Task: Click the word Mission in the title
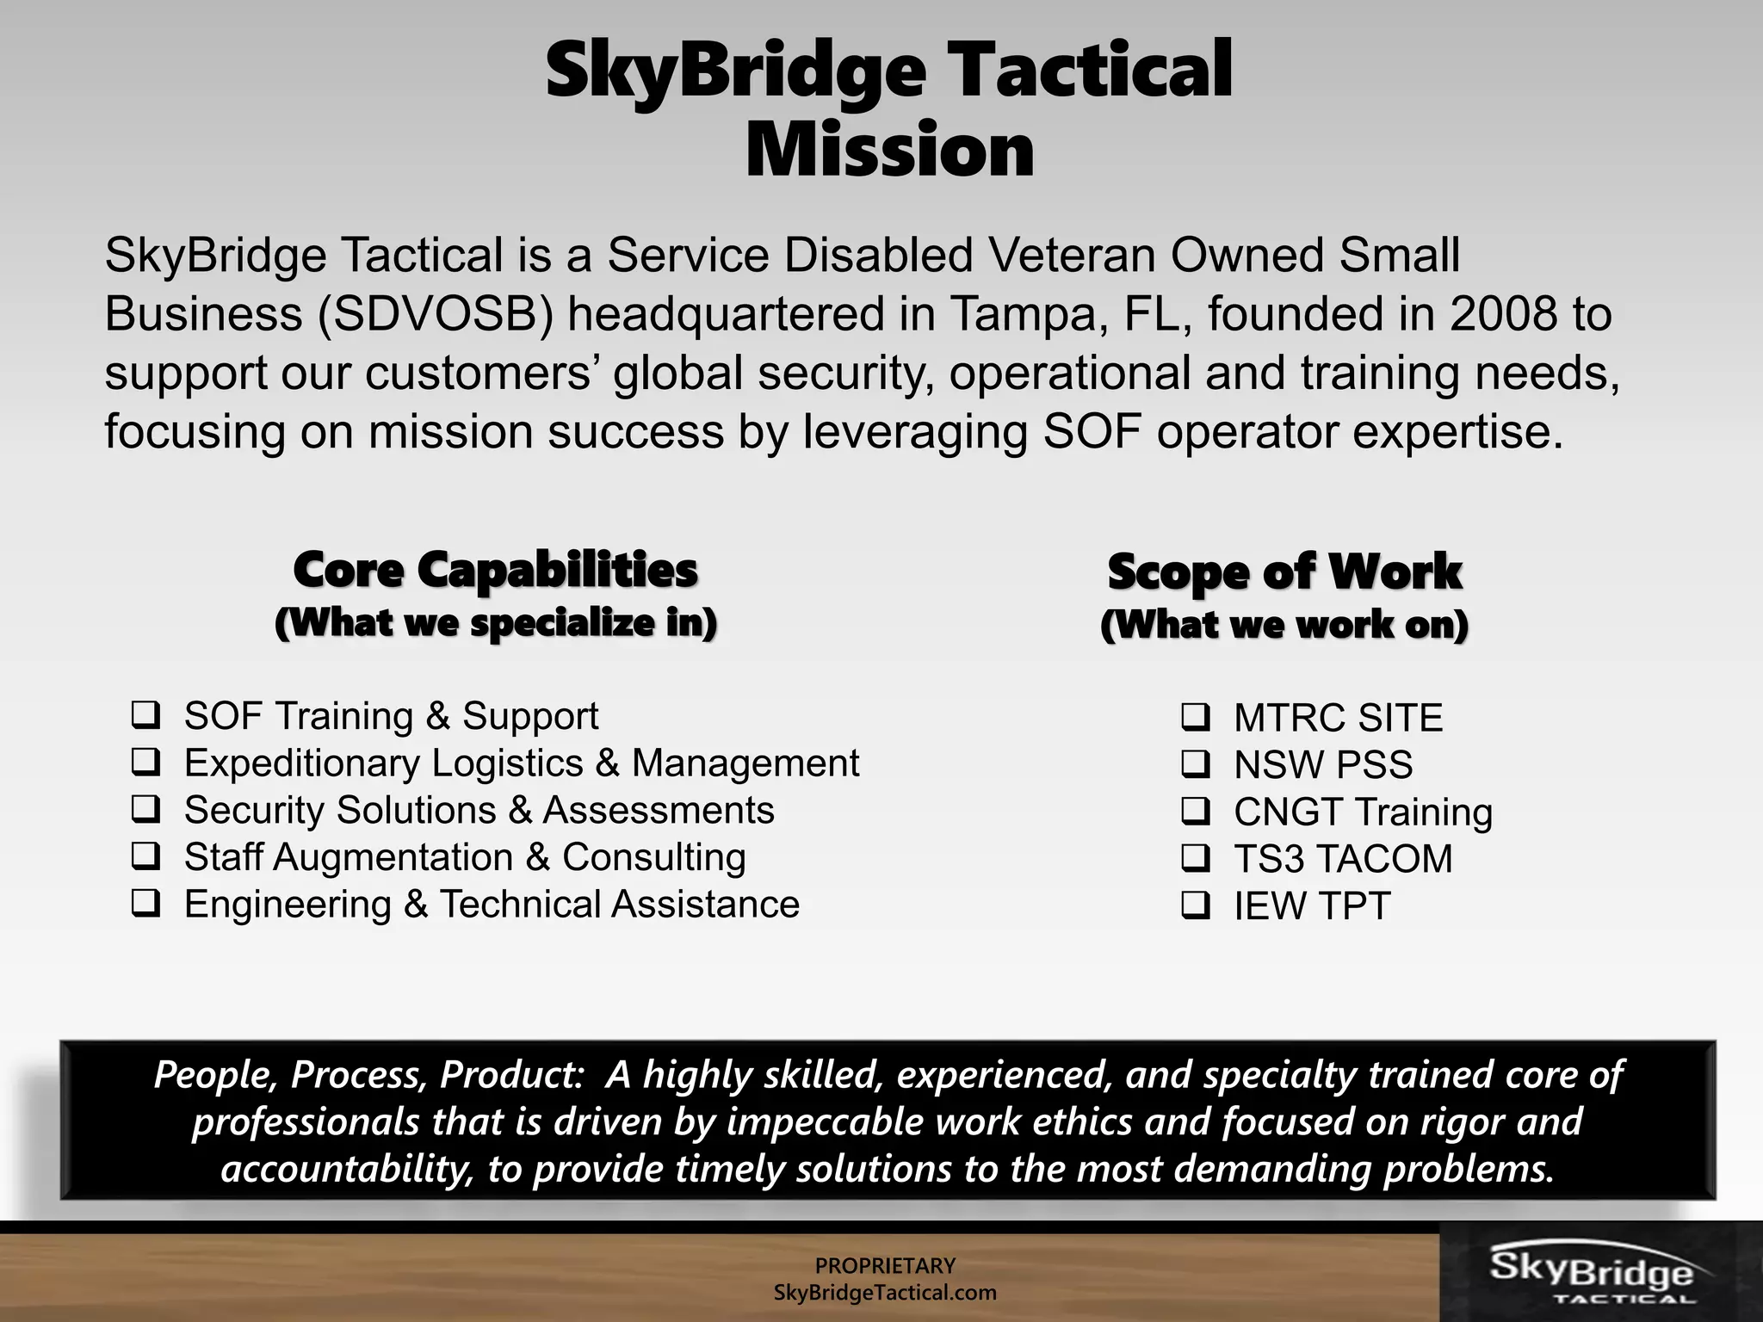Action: pos(889,151)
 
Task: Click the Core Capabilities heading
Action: pos(495,570)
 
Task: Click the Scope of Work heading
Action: pos(1284,572)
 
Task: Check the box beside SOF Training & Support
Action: pos(145,714)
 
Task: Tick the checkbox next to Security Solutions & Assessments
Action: pos(145,809)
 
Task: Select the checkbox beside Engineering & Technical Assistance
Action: pos(145,903)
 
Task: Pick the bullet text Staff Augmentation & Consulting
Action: pos(465,857)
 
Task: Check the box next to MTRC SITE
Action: pos(1196,716)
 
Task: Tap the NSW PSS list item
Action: pos(1323,765)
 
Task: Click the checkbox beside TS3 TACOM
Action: pos(1196,857)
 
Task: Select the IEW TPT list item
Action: pos(1312,906)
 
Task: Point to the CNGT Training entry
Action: pos(1363,812)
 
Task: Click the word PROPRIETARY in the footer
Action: pos(885,1265)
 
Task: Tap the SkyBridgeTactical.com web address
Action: pos(885,1293)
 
